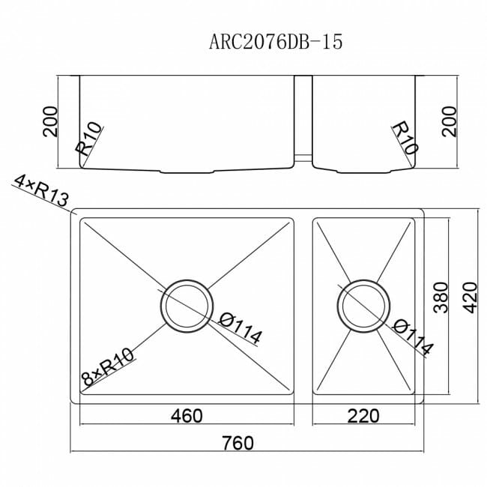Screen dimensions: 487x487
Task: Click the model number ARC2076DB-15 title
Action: (x=276, y=42)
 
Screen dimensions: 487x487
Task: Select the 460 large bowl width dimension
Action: (x=186, y=414)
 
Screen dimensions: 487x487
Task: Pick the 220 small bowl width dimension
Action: (x=363, y=414)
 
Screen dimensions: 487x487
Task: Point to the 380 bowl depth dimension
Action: (x=441, y=297)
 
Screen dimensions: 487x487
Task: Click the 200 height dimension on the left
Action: (x=49, y=121)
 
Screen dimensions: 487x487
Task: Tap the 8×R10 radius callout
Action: (x=109, y=368)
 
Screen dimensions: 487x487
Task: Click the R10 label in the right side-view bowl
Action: (x=402, y=139)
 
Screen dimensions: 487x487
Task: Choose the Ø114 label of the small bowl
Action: (x=413, y=336)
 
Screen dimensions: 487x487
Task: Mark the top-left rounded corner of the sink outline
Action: (x=73, y=214)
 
